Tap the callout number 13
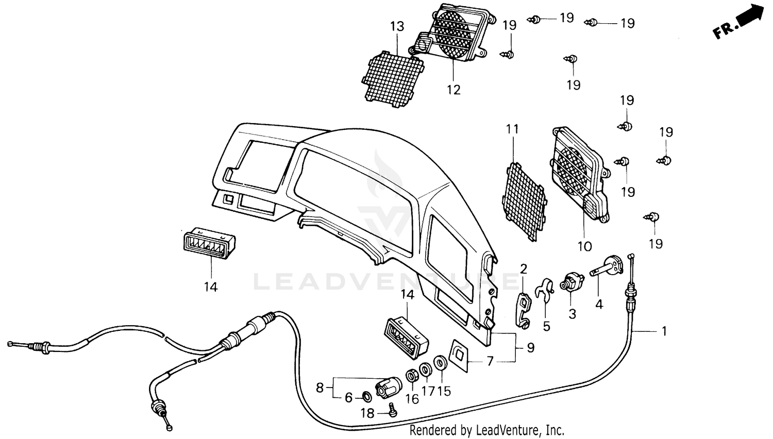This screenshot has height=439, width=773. (x=397, y=26)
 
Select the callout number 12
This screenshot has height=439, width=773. (x=453, y=90)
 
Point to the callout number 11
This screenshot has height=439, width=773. (x=512, y=129)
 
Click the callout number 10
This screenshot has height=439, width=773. (x=584, y=246)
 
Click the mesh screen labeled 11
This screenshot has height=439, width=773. (x=524, y=202)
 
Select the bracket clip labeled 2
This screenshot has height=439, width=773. (x=524, y=309)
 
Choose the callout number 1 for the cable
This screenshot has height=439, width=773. (x=664, y=331)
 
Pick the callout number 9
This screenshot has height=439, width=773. (x=530, y=348)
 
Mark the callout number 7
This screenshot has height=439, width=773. (x=490, y=361)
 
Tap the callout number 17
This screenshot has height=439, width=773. (x=428, y=391)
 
